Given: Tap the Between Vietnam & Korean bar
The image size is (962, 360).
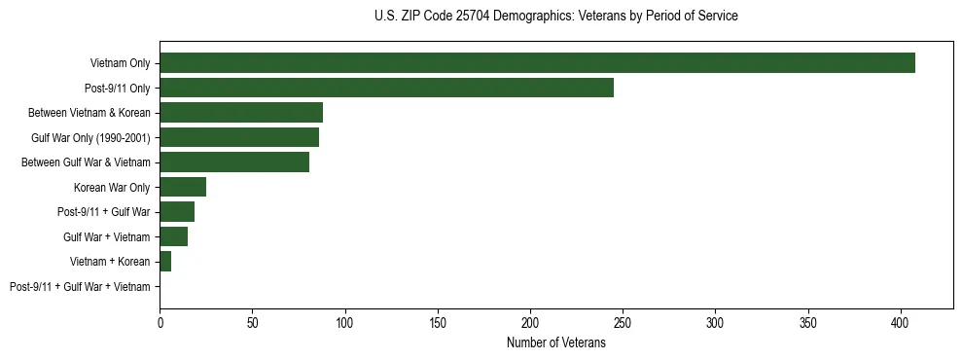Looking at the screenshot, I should pos(240,113).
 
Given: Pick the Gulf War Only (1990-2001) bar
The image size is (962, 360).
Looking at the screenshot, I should pos(238,137).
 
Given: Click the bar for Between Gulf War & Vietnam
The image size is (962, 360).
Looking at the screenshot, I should pos(234,162).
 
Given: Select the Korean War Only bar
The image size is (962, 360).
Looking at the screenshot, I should pos(183,187).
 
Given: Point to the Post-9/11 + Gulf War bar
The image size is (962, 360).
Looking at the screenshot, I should pos(177,212).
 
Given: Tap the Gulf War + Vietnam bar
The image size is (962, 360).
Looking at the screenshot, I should pos(173,236).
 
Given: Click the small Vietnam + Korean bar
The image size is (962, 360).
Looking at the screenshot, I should pos(165,262).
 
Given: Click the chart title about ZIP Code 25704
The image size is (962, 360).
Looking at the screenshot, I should pos(555,17).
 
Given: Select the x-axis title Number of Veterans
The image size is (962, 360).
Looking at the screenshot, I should pos(555,343).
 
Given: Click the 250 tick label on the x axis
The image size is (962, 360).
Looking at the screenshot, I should pos(623,321).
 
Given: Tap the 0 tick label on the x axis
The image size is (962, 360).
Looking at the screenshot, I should pos(160,321).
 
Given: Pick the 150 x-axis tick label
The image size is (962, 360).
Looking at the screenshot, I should pos(438,321).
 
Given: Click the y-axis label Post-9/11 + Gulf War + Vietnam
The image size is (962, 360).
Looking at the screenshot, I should pos(80,287).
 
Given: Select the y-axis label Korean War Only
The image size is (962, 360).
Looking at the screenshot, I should pos(112,188).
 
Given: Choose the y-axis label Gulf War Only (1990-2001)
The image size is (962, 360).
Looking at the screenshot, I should pos(90,138).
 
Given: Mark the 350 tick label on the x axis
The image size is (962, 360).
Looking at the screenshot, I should pos(808,321).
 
